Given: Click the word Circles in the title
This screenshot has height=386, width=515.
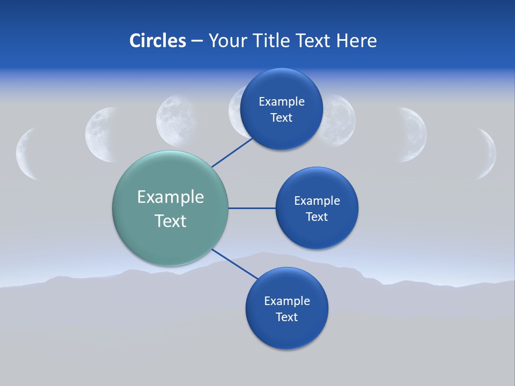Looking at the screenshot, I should pos(157,41).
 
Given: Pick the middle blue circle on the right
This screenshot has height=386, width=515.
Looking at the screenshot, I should pos(317,233).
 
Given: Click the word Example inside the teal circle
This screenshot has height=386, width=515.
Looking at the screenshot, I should pos(171,197).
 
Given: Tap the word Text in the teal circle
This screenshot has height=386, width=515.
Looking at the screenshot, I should pos(171,221).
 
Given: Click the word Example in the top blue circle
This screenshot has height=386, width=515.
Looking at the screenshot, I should pos(281,102).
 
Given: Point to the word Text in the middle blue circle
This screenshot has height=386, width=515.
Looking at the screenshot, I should pos(317,217).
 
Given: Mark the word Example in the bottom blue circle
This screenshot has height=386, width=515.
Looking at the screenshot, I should pos(286,301).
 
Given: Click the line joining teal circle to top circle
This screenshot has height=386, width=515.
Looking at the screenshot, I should pos(232,152).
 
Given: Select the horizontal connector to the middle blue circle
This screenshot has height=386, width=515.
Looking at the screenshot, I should pos(252,208).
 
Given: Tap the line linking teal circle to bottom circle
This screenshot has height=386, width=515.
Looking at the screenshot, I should pos(234,263).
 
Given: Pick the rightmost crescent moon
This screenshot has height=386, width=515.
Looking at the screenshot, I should pos(488,154).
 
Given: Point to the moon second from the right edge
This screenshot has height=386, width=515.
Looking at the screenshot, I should pos(414,135).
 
